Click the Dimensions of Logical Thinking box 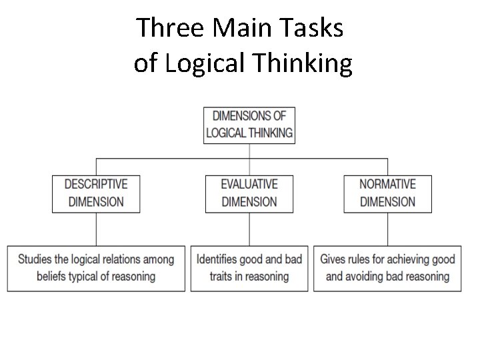[249, 125]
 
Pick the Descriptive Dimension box [96, 193]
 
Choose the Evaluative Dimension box [249, 193]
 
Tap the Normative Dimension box [387, 193]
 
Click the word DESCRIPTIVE [96, 185]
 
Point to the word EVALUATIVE [249, 185]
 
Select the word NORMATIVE [387, 185]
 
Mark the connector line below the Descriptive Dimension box [96, 229]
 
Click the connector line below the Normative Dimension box [387, 229]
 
